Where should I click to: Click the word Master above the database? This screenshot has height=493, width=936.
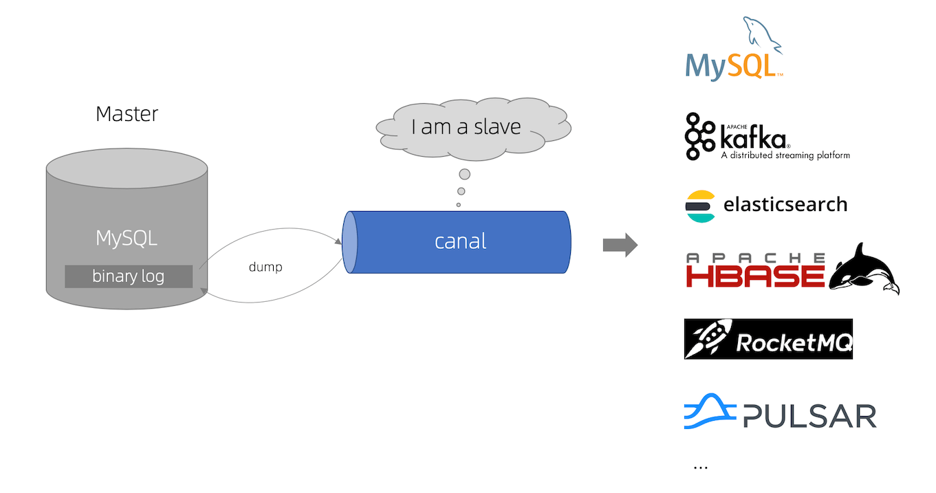coord(127,113)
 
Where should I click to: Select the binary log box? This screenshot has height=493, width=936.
coord(129,276)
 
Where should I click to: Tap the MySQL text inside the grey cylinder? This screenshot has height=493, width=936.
coord(127,239)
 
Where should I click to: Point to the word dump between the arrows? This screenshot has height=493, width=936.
coord(265,267)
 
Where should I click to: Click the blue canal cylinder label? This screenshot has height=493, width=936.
coord(460,241)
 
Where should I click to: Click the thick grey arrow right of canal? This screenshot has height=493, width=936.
coord(620,245)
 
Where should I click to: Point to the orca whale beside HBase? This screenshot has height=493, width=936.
coord(865,270)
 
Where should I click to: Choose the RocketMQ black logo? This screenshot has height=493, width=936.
coord(768,338)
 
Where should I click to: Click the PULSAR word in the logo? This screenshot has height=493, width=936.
coord(809,415)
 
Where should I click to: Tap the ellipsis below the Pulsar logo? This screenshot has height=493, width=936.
coord(701,468)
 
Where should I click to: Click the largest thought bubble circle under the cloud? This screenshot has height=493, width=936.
coord(465,175)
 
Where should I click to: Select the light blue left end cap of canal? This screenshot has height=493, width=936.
coord(350,241)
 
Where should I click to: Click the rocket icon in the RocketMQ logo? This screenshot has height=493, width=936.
coord(708,338)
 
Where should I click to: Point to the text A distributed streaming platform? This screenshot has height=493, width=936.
coord(785,155)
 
